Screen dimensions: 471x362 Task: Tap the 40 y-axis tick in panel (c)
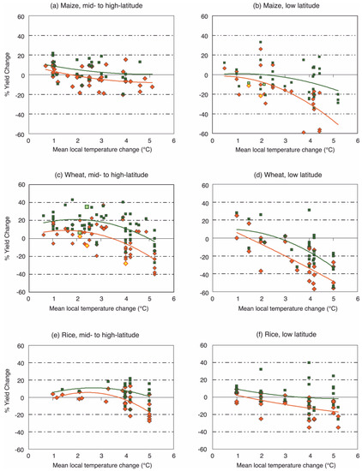click(21, 202)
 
